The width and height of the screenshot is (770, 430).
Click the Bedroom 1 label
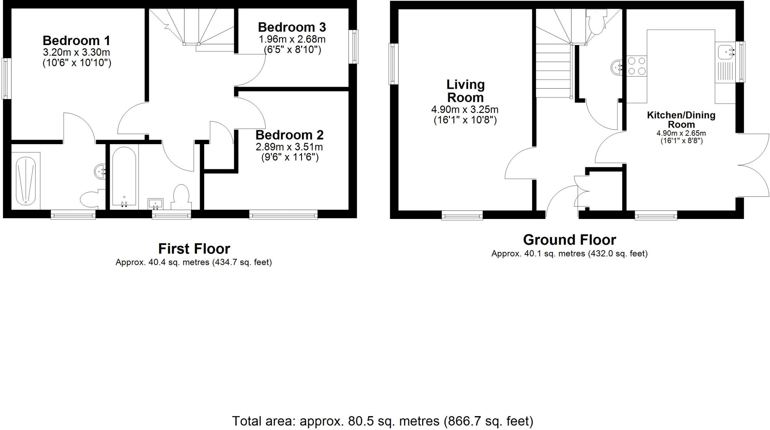click(76, 41)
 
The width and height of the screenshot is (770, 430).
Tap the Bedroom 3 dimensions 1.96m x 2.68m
click(292, 39)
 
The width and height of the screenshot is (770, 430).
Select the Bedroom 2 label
click(290, 135)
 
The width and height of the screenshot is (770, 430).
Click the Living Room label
click(465, 91)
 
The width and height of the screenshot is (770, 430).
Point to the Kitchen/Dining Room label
click(681, 119)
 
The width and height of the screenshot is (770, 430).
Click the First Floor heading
click(194, 249)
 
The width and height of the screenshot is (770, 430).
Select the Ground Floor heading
click(569, 240)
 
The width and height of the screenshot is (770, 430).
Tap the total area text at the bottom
click(382, 421)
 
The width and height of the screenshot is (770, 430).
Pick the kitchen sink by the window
click(725, 52)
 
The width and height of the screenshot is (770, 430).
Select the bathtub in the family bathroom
click(124, 177)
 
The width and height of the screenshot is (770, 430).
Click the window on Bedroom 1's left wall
click(6, 78)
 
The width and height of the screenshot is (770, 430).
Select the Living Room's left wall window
click(393, 63)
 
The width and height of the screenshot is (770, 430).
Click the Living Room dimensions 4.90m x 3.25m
click(465, 110)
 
